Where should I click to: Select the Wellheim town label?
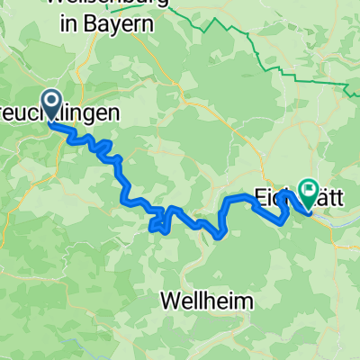[x=207, y=300]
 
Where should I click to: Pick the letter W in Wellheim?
[x=171, y=300]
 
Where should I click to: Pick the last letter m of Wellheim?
[x=244, y=300]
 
